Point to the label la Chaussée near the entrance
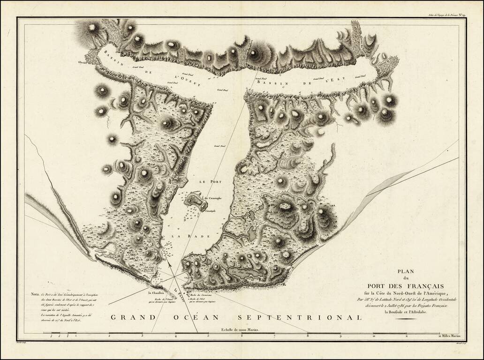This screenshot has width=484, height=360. [x=155, y=293]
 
